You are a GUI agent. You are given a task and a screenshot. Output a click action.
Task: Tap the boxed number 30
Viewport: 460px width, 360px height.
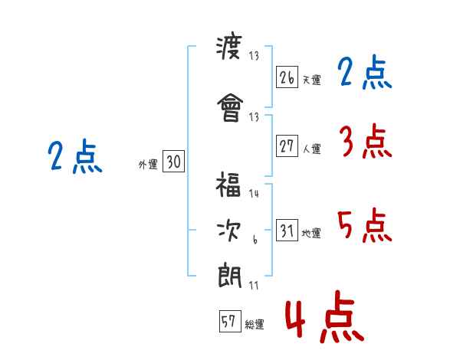[x=173, y=162]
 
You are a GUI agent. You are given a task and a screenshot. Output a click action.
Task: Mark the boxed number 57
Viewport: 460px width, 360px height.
[x=228, y=322]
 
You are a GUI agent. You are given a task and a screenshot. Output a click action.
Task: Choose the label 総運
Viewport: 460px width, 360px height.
[x=255, y=325]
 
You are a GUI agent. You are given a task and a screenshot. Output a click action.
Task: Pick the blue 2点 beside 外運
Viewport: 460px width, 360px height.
[x=74, y=157]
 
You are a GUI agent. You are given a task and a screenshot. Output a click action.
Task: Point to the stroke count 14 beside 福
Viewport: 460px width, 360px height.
[x=255, y=194]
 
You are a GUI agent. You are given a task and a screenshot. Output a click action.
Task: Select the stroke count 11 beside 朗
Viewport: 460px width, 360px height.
[x=255, y=285]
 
